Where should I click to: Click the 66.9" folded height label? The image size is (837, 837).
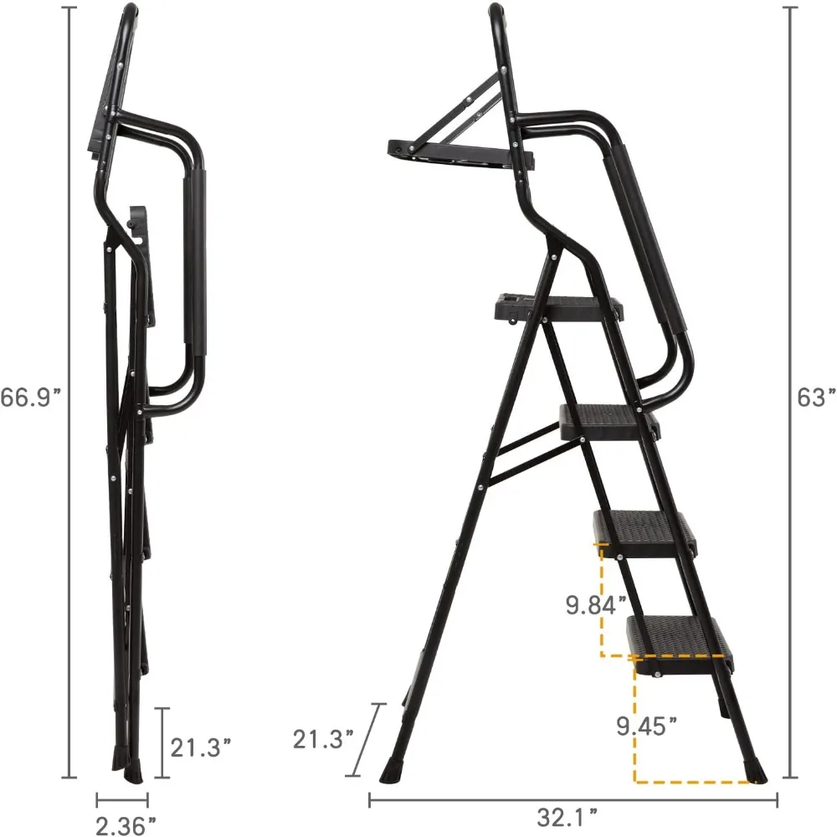(32, 398)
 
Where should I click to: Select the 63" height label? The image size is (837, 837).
(816, 398)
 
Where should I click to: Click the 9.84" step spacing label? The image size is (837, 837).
(595, 603)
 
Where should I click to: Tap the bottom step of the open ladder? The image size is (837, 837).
(676, 636)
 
